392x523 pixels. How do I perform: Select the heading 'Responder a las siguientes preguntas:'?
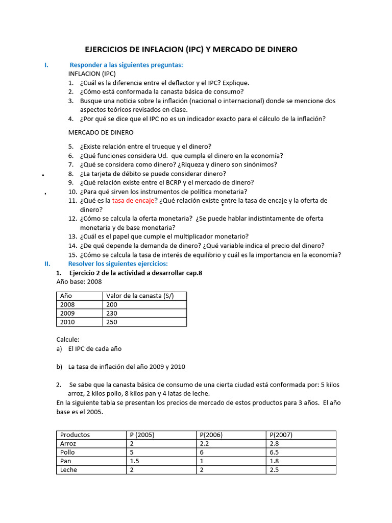click(126, 65)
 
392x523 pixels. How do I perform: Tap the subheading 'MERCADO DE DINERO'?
click(101, 132)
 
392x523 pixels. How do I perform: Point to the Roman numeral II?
click(47, 264)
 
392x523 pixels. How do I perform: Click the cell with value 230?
click(111, 313)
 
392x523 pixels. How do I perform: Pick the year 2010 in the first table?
click(67, 322)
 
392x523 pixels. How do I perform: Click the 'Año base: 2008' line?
click(79, 281)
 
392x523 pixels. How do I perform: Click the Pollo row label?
click(67, 452)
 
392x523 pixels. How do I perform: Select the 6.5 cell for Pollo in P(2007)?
click(274, 452)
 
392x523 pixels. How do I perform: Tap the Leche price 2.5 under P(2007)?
click(274, 469)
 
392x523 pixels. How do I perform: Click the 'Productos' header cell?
click(75, 435)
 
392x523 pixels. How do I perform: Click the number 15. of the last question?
click(72, 255)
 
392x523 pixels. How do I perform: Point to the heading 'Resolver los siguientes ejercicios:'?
click(118, 264)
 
